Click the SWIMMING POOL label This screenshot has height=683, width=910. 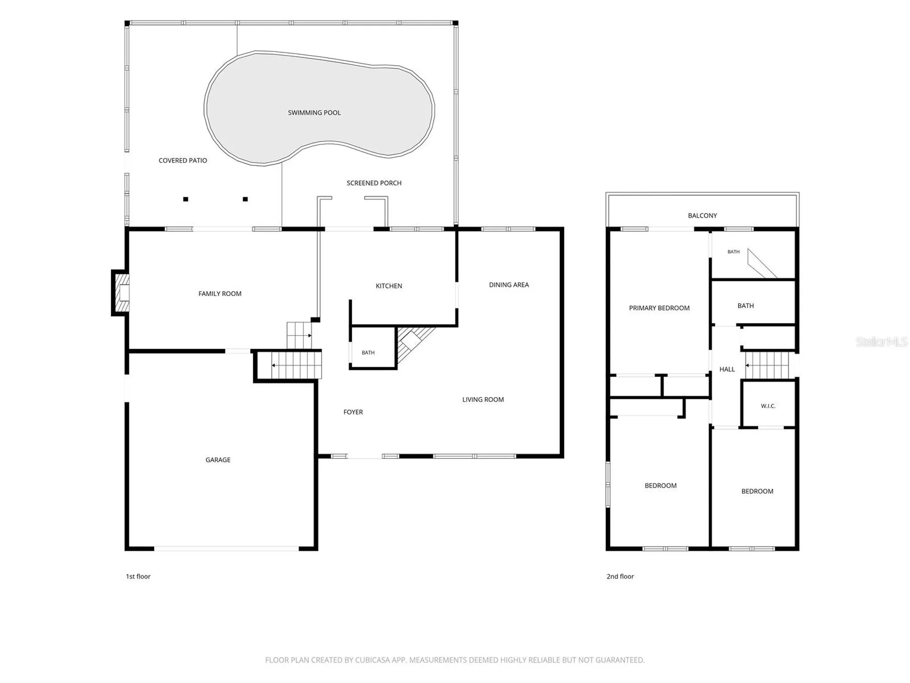tap(314, 112)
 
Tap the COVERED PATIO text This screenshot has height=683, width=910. tap(183, 160)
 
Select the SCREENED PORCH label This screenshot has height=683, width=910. tap(374, 183)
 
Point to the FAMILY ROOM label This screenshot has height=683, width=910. tap(220, 294)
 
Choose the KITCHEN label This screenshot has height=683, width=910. tap(389, 286)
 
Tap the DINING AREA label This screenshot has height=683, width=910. tap(509, 285)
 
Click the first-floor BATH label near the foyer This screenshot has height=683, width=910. tap(368, 352)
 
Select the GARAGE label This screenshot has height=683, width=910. tap(218, 460)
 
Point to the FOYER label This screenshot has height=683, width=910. tap(353, 412)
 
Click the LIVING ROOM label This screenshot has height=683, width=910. tap(483, 399)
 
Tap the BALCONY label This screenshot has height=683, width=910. tap(702, 215)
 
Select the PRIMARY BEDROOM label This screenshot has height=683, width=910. tap(659, 308)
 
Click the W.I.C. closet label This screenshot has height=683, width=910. tap(768, 406)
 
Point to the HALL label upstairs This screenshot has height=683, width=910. tap(727, 369)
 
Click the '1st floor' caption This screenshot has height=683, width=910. tap(138, 576)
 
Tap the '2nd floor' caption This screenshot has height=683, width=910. tap(620, 576)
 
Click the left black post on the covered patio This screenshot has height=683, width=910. tap(186, 199)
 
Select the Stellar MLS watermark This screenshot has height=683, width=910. tap(882, 341)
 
